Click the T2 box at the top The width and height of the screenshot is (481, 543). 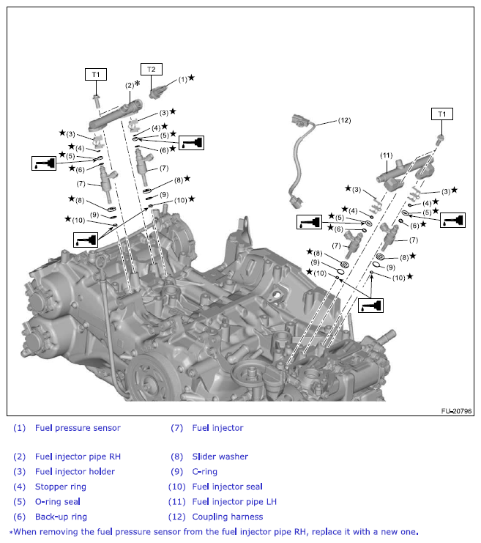pos(152,70)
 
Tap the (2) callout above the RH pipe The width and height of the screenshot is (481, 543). pos(129,86)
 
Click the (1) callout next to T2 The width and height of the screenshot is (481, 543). pos(182,78)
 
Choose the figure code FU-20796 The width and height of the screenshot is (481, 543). pos(455,412)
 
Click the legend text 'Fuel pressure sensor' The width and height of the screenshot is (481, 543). pos(78,428)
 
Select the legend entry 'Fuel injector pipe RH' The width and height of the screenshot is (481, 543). pos(78,457)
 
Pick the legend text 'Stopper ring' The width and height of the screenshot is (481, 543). pos(60,487)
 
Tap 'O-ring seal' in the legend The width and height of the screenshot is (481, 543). pos(57,502)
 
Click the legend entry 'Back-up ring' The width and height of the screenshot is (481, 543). pos(60,517)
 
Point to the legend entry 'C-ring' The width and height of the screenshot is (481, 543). pos(204,472)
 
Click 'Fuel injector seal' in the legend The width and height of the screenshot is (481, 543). pos(227,487)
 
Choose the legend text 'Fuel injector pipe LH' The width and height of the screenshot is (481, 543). pos(234,502)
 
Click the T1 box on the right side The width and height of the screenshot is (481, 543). pos(441,114)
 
